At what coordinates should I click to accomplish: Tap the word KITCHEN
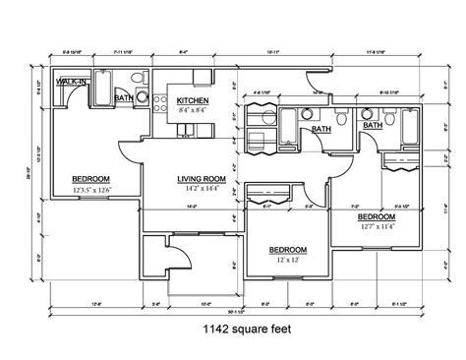pyautogui.click(x=192, y=100)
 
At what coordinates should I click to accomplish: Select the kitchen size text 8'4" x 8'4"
pyautogui.click(x=192, y=110)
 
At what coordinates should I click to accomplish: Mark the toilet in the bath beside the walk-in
pyautogui.click(x=141, y=96)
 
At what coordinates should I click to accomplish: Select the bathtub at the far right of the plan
pyautogui.click(x=407, y=125)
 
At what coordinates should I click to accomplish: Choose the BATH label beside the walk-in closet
pyautogui.click(x=123, y=99)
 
